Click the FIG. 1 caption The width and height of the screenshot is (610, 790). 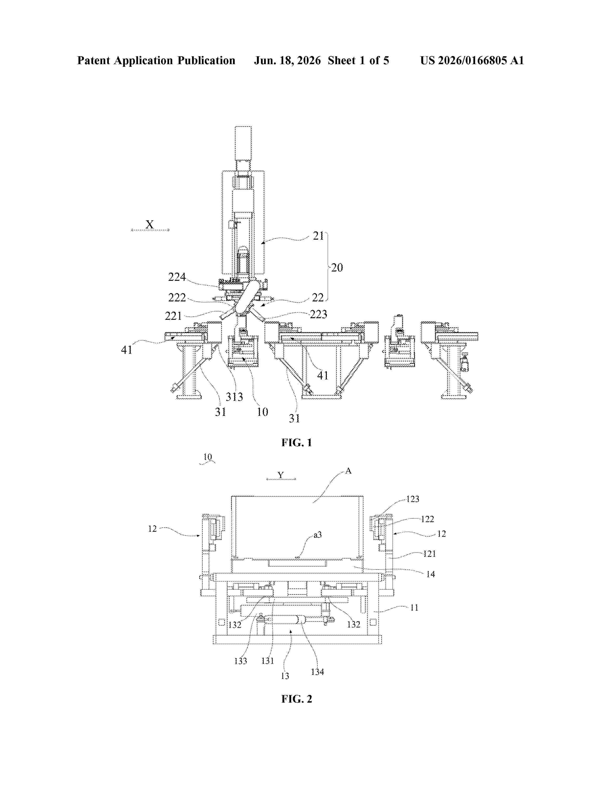296,442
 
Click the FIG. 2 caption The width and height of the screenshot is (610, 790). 296,699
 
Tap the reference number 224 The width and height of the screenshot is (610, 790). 177,277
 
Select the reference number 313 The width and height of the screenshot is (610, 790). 234,397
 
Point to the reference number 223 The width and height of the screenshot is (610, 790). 318,314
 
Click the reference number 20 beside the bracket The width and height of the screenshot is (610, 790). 337,268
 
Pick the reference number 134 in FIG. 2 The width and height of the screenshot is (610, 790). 317,672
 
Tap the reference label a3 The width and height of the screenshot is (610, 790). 317,535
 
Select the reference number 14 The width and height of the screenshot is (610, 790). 430,574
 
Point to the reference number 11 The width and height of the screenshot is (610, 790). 414,608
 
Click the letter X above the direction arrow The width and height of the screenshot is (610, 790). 150,224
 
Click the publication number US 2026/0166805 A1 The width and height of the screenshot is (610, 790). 472,60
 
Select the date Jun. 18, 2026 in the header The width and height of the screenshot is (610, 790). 287,60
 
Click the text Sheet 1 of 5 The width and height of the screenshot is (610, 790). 359,60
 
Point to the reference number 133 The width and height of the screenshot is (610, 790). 240,661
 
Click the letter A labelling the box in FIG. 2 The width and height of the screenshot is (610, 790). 348,471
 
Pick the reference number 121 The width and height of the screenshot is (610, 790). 429,553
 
